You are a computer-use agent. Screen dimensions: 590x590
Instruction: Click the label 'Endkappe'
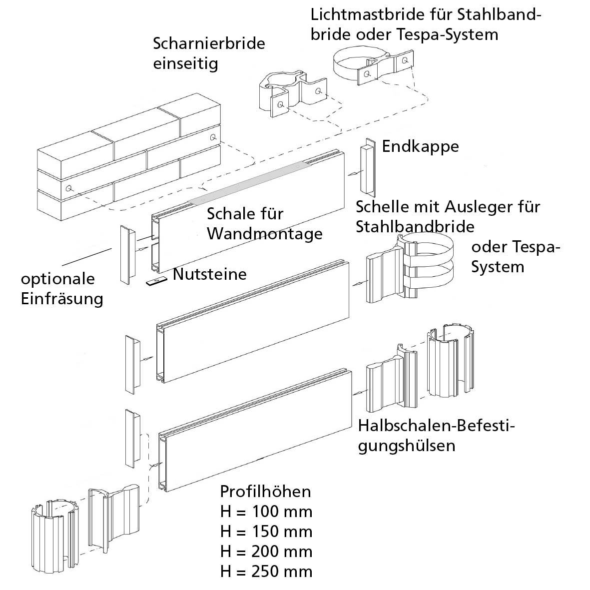point(420,146)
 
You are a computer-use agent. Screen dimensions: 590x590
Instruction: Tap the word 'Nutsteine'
point(210,274)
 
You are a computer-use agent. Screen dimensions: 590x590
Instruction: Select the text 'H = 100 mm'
point(266,512)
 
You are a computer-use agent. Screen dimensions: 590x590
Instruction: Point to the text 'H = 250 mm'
point(266,572)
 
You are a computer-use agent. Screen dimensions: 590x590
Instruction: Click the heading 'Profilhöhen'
point(265,492)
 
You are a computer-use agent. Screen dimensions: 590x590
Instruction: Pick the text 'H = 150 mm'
point(266,532)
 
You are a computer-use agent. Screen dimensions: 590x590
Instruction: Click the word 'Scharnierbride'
point(209,43)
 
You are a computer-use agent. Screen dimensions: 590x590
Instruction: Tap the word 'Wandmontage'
point(265,233)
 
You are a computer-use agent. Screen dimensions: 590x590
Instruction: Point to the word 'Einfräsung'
point(62,299)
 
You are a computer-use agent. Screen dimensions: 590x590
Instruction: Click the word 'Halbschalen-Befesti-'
point(436,426)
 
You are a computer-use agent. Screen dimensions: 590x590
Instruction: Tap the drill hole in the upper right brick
point(213,137)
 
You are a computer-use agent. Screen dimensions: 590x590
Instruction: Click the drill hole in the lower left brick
point(68,188)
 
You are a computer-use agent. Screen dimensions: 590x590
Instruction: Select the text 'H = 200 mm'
point(266,552)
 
